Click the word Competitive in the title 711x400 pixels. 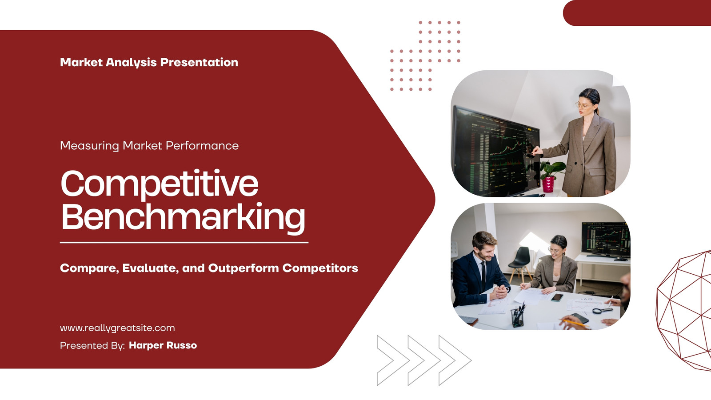pyautogui.click(x=160, y=184)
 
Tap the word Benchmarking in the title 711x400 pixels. pyautogui.click(x=183, y=218)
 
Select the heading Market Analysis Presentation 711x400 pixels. pyautogui.click(x=149, y=63)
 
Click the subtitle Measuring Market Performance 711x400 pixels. pyautogui.click(x=149, y=146)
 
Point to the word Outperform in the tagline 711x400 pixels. pyautogui.click(x=244, y=268)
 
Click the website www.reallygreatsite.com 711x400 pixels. pyautogui.click(x=117, y=328)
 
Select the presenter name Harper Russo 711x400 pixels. pyautogui.click(x=163, y=345)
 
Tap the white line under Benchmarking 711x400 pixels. pyautogui.click(x=184, y=243)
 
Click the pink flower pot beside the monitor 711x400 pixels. pyautogui.click(x=548, y=184)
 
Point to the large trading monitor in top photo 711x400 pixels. pyautogui.click(x=496, y=152)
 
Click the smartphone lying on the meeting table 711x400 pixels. pyautogui.click(x=557, y=297)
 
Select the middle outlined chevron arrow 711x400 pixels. pyautogui.click(x=424, y=360)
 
